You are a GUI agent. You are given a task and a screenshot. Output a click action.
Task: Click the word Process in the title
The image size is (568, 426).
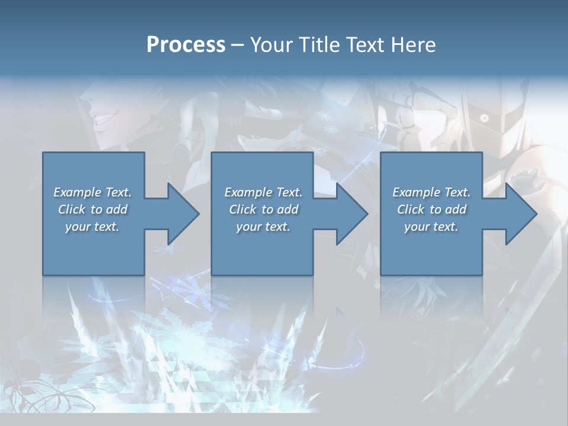click(x=186, y=45)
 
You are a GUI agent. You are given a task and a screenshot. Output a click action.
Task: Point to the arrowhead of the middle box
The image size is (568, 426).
click(x=351, y=214)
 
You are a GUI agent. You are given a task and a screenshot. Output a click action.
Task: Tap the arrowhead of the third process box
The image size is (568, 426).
click(x=520, y=214)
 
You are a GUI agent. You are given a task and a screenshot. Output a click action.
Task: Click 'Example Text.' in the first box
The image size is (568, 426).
click(x=92, y=192)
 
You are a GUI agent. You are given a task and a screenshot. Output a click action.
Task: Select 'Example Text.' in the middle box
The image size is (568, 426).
click(x=263, y=192)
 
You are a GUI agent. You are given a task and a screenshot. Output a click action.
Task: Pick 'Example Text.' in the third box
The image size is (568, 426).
click(x=431, y=192)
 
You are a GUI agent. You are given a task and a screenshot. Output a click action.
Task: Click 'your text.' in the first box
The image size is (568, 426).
click(x=92, y=227)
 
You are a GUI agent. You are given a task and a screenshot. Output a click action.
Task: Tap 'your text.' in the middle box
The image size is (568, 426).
click(x=263, y=227)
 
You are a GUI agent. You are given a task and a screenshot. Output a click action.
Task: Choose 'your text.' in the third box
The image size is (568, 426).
click(x=431, y=227)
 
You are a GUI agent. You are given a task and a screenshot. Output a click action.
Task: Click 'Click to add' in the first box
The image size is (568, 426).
click(x=93, y=209)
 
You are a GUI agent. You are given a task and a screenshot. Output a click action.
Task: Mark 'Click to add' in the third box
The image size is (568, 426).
click(x=432, y=209)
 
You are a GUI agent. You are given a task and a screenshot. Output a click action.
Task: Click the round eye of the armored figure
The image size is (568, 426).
click(x=484, y=118)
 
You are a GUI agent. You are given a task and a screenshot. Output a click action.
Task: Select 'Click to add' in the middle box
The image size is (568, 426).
click(x=263, y=209)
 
